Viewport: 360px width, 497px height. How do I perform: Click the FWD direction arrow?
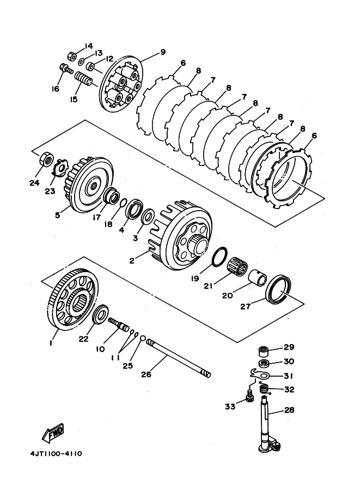point(53,432)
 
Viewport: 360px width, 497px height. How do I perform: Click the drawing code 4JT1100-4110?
point(56,453)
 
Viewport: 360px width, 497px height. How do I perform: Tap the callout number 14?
point(88,46)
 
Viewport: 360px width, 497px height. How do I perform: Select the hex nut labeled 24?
point(47,159)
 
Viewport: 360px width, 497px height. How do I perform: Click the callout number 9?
point(163,52)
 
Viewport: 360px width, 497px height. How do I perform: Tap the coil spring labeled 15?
point(83,79)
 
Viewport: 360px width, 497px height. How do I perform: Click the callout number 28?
point(289,410)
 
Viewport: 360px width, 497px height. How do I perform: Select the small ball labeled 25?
point(143,339)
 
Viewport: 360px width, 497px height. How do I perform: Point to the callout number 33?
point(230,406)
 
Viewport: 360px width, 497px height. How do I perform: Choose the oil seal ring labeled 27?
point(278,290)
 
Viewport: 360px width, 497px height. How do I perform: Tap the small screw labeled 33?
point(250,396)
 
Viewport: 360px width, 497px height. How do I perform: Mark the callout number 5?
point(57,215)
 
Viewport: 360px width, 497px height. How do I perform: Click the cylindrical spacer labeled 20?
point(258,277)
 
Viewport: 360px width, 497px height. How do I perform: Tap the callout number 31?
point(288,376)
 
